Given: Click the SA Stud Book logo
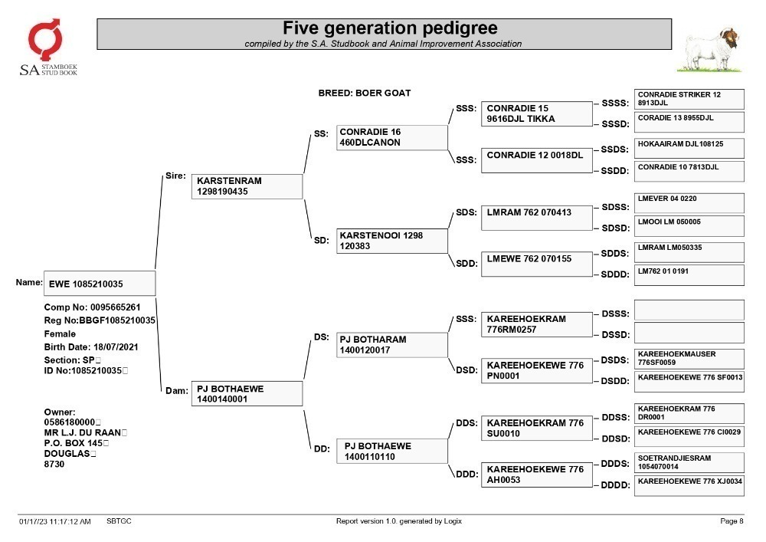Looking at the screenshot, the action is [x=47, y=48].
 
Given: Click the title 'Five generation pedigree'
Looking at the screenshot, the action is [x=390, y=28].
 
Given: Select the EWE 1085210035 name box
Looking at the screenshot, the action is [x=100, y=284].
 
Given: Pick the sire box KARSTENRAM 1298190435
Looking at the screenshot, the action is [x=247, y=186].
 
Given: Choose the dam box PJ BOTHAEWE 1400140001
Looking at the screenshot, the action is [x=247, y=393].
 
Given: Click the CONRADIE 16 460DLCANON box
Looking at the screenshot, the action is [x=391, y=137].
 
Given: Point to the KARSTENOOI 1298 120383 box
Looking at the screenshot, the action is [x=391, y=241].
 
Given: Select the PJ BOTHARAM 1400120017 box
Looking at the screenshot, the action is [x=391, y=345].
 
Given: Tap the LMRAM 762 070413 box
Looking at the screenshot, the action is [x=537, y=218].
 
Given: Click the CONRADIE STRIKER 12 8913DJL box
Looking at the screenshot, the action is [x=689, y=99].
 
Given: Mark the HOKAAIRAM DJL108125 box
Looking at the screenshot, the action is [x=689, y=148].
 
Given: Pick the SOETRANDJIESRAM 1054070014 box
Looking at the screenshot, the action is [x=689, y=462].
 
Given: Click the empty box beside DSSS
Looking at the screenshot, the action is [x=689, y=310].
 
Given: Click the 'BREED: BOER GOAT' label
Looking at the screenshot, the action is [x=365, y=93].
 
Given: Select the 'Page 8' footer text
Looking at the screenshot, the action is [x=732, y=521].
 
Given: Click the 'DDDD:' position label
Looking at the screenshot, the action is [x=615, y=485].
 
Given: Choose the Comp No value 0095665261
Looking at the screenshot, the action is [x=116, y=307].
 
